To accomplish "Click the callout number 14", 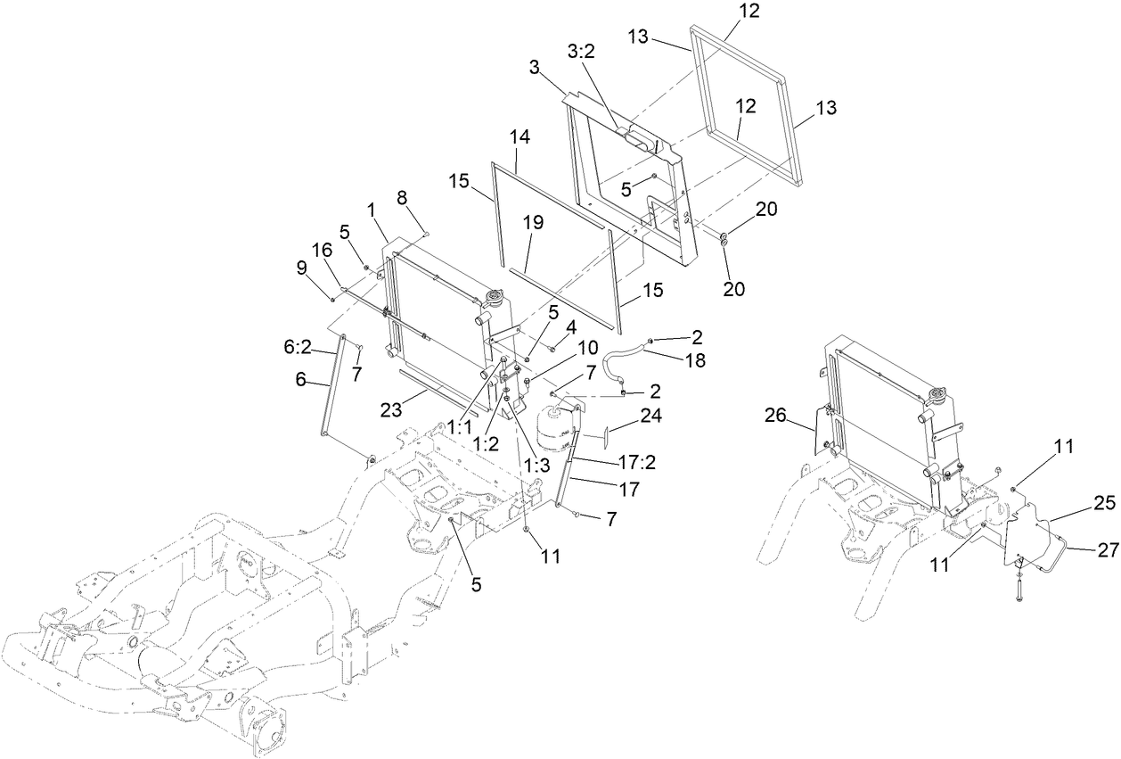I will pyautogui.click(x=520, y=138).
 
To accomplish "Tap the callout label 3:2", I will pyautogui.click(x=582, y=53).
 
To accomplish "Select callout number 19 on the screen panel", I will pyautogui.click(x=533, y=223).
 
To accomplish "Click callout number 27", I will pyautogui.click(x=1107, y=550).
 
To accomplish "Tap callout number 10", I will pyautogui.click(x=588, y=345).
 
